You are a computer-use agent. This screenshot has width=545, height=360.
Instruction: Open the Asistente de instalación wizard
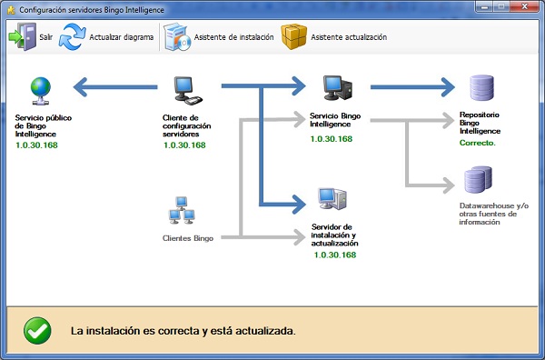(218, 37)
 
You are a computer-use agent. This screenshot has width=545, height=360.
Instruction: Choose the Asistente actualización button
(333, 37)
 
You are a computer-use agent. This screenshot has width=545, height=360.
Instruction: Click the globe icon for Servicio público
(40, 89)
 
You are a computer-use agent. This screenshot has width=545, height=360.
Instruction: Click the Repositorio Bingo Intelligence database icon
(481, 88)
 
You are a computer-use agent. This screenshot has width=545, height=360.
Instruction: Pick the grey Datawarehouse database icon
(479, 179)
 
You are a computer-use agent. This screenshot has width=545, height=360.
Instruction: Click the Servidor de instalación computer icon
(331, 201)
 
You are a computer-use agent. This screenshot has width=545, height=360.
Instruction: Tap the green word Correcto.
(478, 144)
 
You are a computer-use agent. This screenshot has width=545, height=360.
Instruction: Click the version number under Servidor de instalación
(334, 255)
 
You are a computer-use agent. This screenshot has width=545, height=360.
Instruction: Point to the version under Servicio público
(36, 145)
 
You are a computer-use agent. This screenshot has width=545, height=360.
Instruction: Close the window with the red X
(524, 8)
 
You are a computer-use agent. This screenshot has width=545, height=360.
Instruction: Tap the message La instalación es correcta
(183, 331)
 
